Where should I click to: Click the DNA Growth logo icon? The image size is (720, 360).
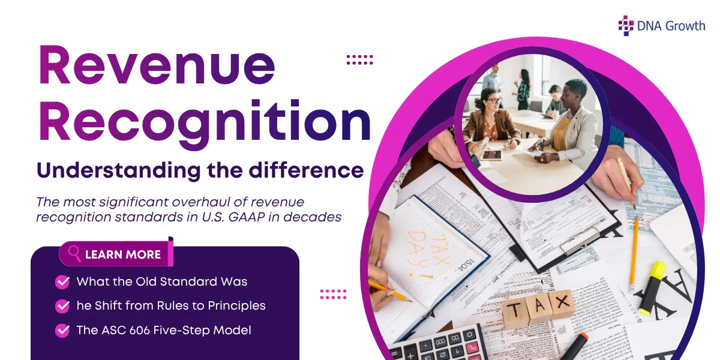coord(626,25)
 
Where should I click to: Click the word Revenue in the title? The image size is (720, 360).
coord(157,66)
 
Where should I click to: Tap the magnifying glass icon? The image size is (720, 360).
coord(74,253)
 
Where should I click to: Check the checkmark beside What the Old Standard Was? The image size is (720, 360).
coord(62,282)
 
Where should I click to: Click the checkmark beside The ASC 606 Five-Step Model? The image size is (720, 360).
coord(62,331)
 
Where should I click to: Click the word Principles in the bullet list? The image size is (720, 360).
coord(236,305)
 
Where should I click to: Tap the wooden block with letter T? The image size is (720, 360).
coord(515,312)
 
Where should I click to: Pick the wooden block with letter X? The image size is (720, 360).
coord(562,304)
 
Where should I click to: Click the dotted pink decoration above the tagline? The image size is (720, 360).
coord(360,59)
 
